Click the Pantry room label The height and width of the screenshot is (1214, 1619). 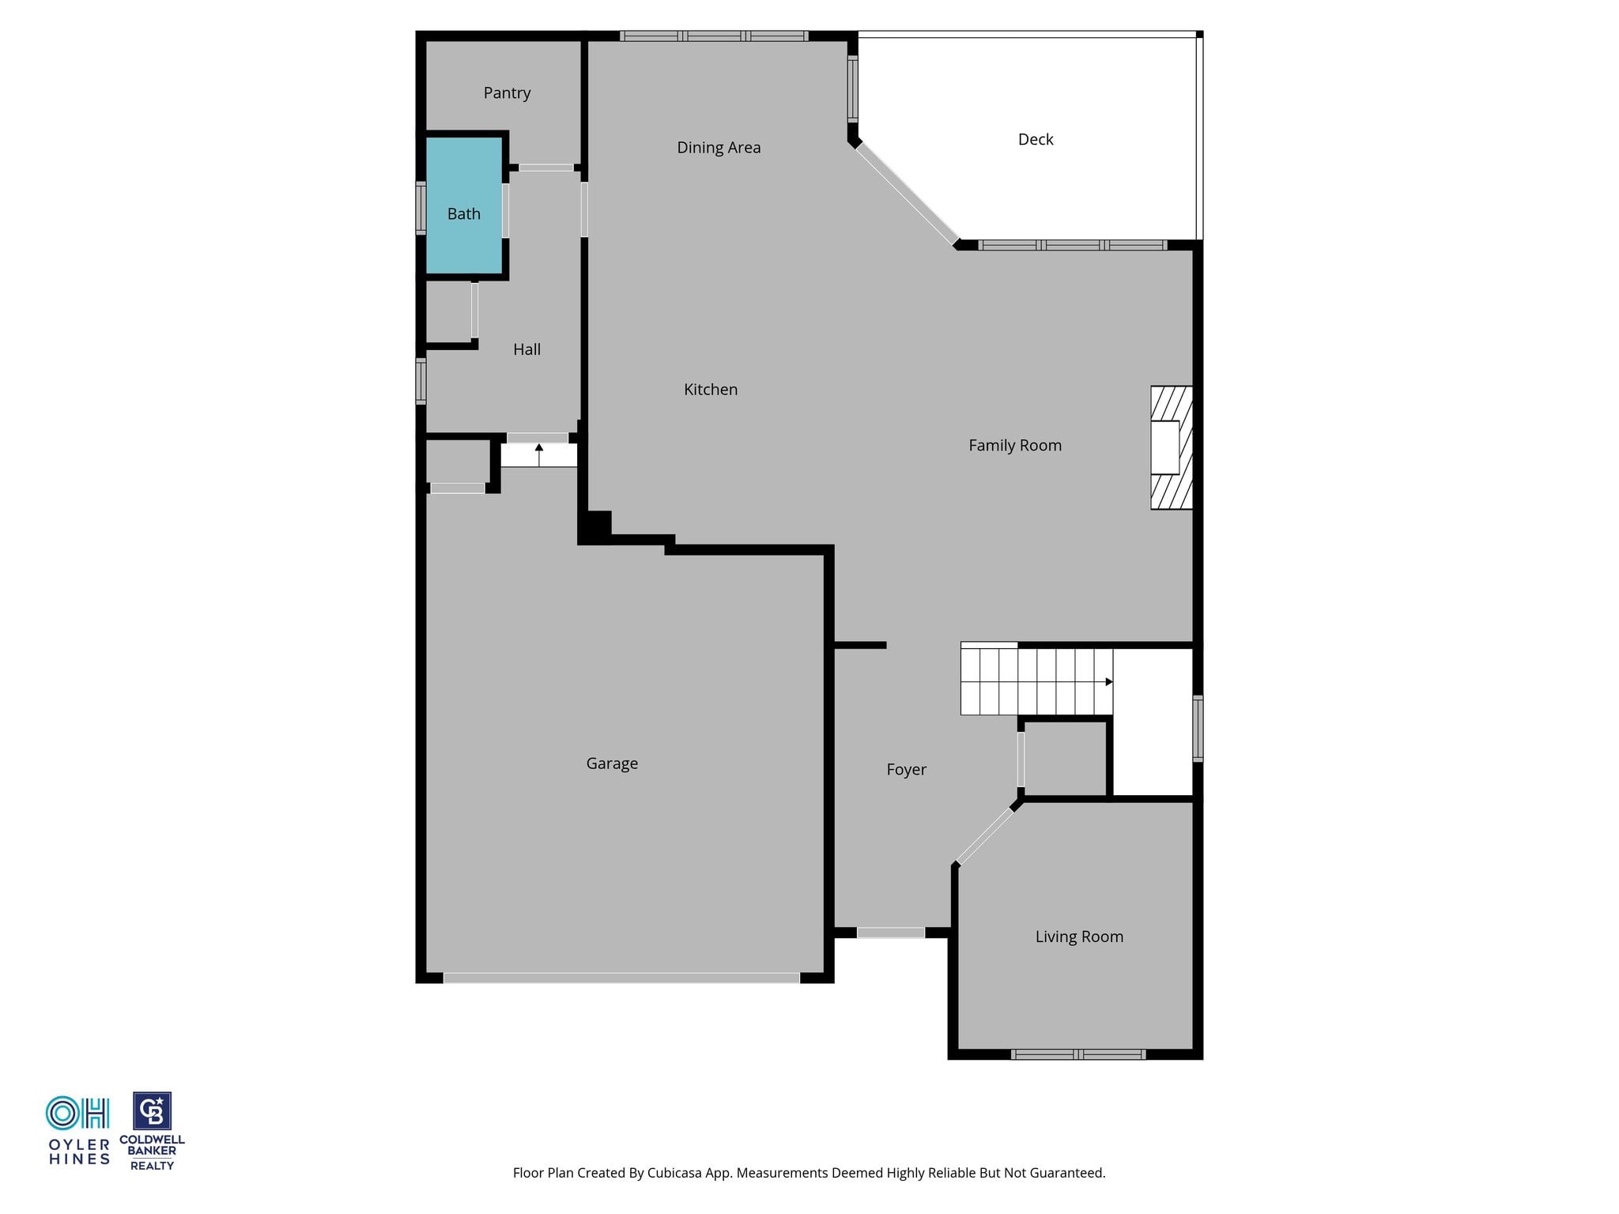tap(507, 93)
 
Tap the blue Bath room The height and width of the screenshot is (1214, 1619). tap(464, 205)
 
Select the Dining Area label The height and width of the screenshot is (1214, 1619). tap(719, 148)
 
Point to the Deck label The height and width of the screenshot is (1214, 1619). tap(1036, 140)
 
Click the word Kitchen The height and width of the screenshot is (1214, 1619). tap(711, 390)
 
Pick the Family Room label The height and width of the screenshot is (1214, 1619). tap(1015, 446)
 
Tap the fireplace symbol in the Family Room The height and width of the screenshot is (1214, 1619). tap(1172, 447)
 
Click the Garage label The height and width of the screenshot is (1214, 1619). tap(612, 763)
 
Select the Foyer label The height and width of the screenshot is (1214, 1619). tap(906, 770)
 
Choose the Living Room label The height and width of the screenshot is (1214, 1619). tap(1079, 937)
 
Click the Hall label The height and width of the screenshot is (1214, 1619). tap(526, 349)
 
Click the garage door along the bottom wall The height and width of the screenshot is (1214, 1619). tap(621, 978)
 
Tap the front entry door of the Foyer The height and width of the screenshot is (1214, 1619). tap(891, 933)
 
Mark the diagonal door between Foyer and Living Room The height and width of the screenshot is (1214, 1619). tap(985, 835)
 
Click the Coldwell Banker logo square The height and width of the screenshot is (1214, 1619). tap(152, 1111)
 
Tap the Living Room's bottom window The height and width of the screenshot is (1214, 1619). tap(1078, 1054)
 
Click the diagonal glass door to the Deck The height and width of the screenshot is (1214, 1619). tap(907, 193)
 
